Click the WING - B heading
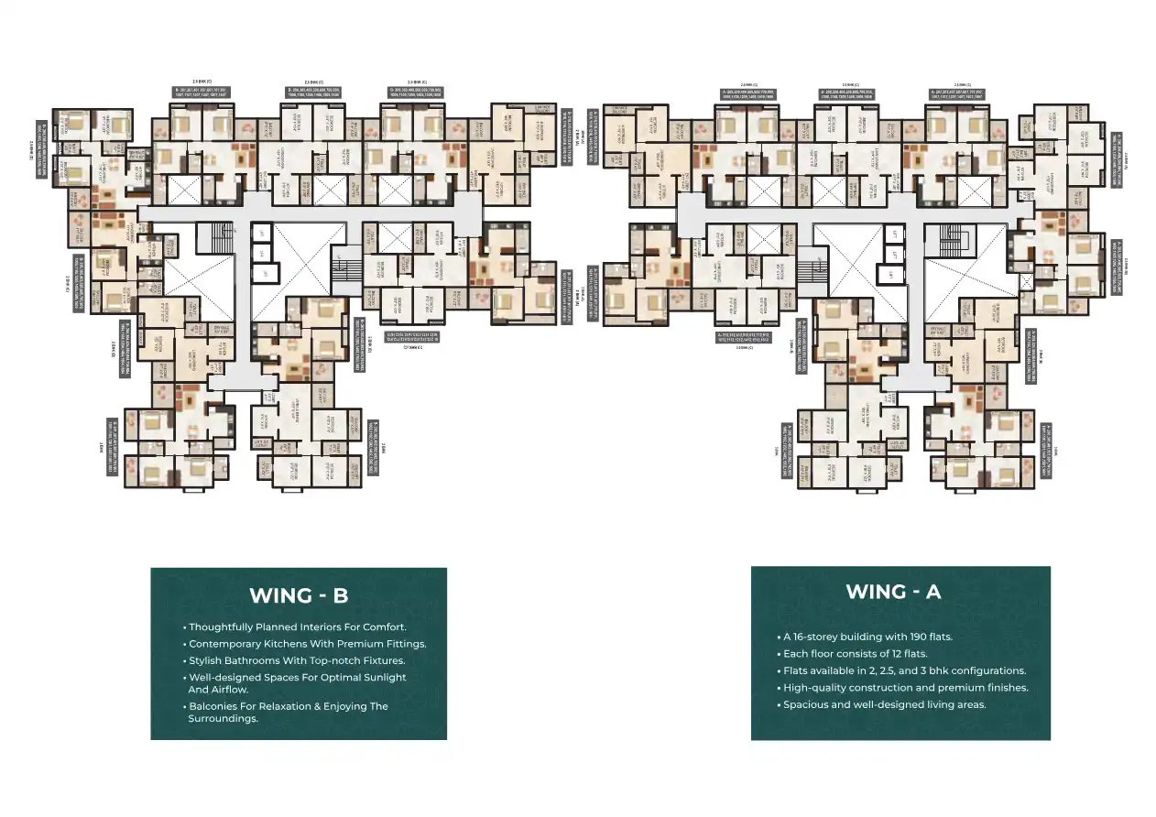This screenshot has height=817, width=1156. tap(299, 595)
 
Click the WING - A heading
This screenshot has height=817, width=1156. tap(893, 591)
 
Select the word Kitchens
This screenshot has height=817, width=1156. tap(284, 644)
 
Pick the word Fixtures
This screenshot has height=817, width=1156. tap(379, 660)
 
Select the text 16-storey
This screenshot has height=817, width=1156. tap(820, 637)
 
